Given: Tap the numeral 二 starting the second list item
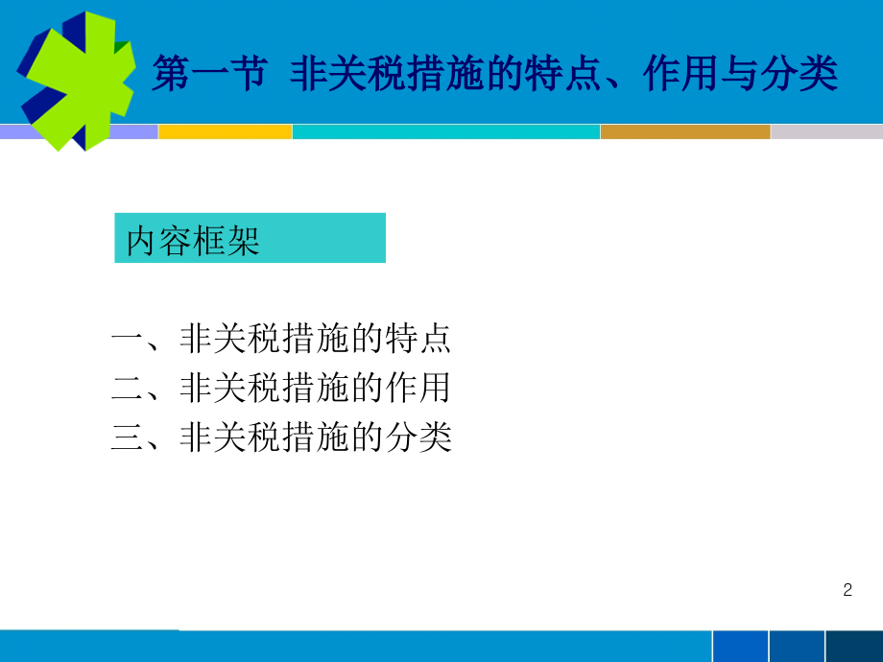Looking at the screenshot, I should (x=127, y=389).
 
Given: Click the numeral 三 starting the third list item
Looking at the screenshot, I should (x=127, y=438).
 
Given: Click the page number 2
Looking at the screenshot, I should (x=847, y=590).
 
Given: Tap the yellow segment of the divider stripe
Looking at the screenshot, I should (x=225, y=132).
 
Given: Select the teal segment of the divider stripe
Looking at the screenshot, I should (x=445, y=132).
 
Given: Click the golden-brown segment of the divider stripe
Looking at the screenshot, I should (x=684, y=132).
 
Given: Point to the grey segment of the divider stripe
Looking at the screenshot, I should (x=825, y=132).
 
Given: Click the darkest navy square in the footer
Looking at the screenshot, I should (x=853, y=647).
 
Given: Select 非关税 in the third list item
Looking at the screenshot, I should (x=230, y=438).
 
